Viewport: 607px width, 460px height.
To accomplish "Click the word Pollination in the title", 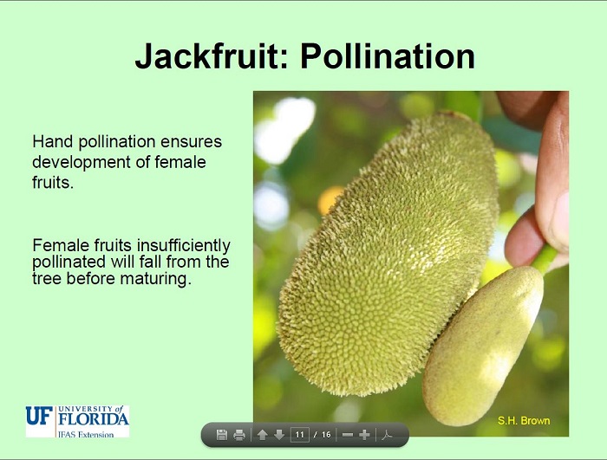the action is [x=388, y=56].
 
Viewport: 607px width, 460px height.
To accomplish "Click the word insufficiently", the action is [x=184, y=245].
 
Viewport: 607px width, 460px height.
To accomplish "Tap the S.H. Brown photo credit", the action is [x=524, y=421].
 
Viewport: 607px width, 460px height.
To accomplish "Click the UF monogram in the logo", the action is [x=39, y=416].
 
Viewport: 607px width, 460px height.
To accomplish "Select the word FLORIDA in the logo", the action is [x=94, y=419].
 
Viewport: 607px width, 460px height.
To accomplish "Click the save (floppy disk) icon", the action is [x=222, y=435].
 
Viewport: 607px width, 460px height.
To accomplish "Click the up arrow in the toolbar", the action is [x=263, y=435].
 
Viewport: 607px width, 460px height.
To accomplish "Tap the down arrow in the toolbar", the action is [x=279, y=435].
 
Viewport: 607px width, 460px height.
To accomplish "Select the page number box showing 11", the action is [x=300, y=435].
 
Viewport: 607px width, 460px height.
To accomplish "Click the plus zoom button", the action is [x=365, y=435].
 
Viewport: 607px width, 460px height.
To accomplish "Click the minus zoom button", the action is [x=348, y=435].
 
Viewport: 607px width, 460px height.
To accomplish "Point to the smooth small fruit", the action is [x=483, y=346].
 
